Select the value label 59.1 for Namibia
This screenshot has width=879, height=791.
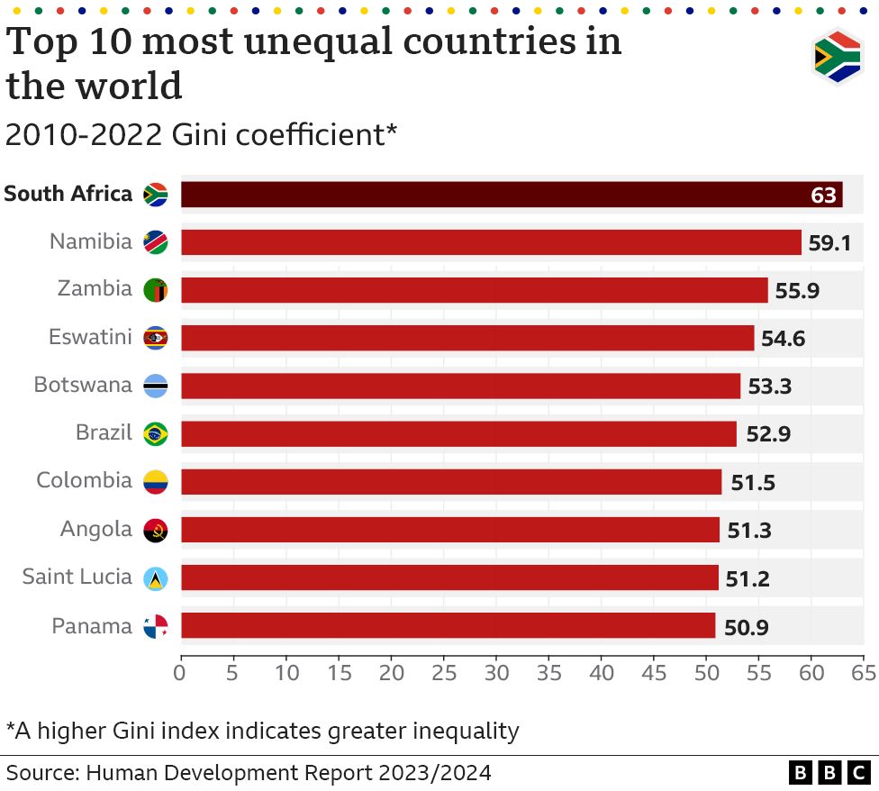(x=829, y=243)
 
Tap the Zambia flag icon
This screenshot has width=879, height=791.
(x=155, y=290)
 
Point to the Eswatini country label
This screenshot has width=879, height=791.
(x=90, y=338)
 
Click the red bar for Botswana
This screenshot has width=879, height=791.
(x=459, y=386)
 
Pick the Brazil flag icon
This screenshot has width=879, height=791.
(x=155, y=434)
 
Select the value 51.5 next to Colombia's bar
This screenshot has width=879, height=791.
(x=752, y=483)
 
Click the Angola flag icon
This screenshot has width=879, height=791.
(x=155, y=531)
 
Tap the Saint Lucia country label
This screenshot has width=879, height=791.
(x=77, y=577)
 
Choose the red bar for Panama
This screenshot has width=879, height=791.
(x=448, y=626)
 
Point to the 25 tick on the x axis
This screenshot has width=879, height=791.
(x=444, y=672)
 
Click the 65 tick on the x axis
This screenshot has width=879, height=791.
(x=864, y=672)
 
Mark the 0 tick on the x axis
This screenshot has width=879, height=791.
(x=181, y=672)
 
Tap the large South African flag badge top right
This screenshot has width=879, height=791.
(x=837, y=58)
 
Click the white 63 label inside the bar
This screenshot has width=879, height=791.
(x=823, y=195)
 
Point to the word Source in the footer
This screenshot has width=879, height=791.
(x=41, y=772)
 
